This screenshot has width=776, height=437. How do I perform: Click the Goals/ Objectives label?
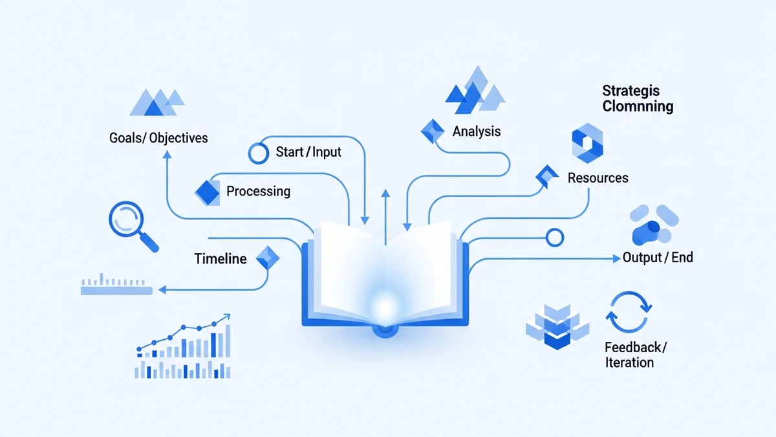click(x=158, y=138)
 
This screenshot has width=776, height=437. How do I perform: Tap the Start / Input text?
click(x=308, y=152)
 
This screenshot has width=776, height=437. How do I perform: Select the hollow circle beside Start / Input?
click(x=258, y=153)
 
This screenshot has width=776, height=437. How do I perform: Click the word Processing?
click(x=258, y=191)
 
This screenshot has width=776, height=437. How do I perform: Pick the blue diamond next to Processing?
click(x=208, y=191)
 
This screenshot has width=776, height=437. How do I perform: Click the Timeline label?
click(x=221, y=259)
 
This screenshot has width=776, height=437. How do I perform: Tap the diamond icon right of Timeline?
click(x=267, y=258)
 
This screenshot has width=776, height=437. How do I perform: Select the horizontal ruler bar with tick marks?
click(x=116, y=289)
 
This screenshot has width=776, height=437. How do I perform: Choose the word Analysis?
click(x=477, y=131)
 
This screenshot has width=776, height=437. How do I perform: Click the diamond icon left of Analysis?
click(x=431, y=131)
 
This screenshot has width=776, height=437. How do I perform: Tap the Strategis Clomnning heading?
click(x=638, y=98)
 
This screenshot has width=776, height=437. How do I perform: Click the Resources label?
click(x=598, y=177)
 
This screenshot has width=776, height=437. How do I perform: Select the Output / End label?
click(x=658, y=258)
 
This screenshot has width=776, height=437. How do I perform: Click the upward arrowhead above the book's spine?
click(x=385, y=193)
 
